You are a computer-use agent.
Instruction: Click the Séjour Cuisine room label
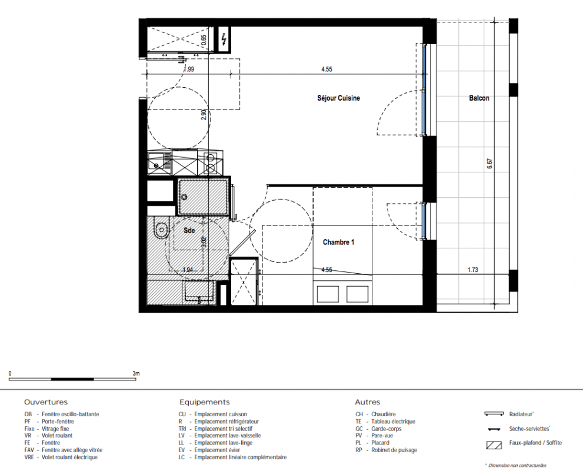(338, 98)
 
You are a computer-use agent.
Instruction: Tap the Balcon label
(479, 98)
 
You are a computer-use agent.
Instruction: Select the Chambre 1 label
(338, 242)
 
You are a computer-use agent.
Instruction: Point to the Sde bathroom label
(189, 231)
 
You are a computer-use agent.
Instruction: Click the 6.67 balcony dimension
(489, 164)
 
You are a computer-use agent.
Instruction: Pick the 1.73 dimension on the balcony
(473, 270)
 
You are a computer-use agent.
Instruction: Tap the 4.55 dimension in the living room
(327, 69)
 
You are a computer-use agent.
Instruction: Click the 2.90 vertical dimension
(204, 114)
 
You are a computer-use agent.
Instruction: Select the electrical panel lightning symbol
(224, 39)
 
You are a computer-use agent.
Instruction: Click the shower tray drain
(184, 197)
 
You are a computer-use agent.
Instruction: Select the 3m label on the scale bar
(136, 373)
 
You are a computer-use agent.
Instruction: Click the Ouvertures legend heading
(46, 402)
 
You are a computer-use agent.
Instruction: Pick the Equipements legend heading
(205, 402)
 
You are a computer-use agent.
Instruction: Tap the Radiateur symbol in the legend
(494, 414)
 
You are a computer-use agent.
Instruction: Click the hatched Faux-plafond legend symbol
(494, 445)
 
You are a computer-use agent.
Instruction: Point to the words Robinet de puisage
(394, 450)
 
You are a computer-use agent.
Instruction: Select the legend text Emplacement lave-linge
(223, 443)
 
